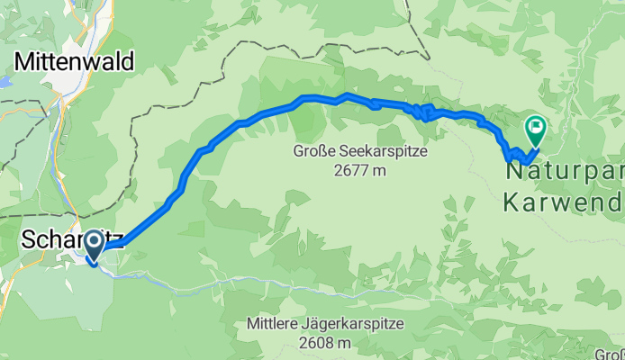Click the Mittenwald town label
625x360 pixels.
[74, 61]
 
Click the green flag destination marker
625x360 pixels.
[536, 131]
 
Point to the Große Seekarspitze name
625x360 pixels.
[360, 151]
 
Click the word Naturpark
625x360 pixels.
[566, 169]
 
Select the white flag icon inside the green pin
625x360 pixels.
[536, 127]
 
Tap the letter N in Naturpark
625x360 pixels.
[515, 169]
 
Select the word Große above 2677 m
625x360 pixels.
[312, 151]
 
